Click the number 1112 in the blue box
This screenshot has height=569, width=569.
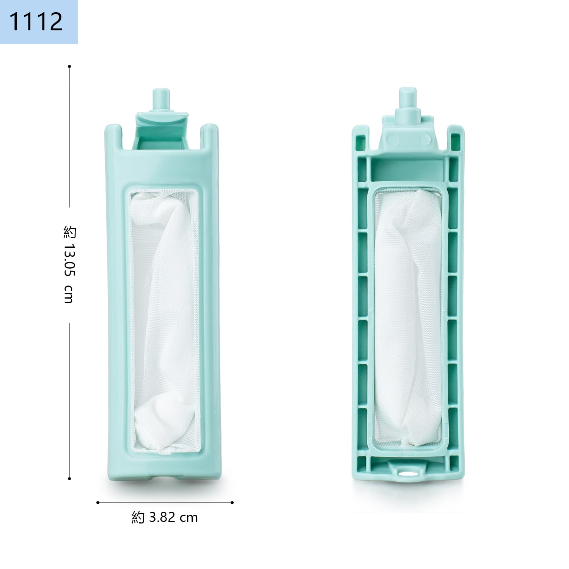point(36,21)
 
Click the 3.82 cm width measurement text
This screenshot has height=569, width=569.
point(173,517)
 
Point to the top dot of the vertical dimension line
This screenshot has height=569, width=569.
point(69,66)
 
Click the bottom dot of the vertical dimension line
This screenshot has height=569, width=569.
point(69,479)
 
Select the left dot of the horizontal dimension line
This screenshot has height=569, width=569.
point(98,503)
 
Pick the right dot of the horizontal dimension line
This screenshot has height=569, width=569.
point(232,503)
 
